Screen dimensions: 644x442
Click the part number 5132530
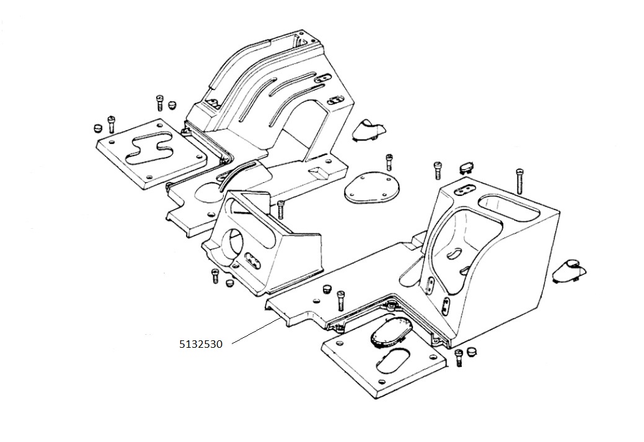(200, 344)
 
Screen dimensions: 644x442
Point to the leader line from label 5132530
(255, 330)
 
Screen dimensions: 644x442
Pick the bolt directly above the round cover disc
(389, 162)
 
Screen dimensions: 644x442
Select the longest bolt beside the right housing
(519, 181)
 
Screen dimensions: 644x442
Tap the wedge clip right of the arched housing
(368, 130)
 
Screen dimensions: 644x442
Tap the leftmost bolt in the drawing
(112, 123)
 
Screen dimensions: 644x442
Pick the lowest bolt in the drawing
(459, 357)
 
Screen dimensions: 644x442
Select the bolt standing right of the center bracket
(281, 210)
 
